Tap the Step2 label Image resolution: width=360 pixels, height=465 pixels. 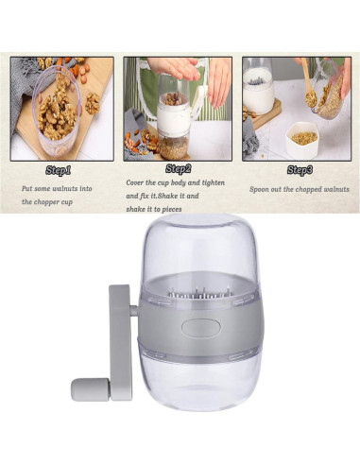[178, 169]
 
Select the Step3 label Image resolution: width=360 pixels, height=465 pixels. [300, 170]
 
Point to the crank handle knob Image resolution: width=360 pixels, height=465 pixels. [91, 388]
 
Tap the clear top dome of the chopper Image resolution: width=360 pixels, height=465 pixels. [197, 255]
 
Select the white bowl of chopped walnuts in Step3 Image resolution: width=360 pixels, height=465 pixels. [302, 136]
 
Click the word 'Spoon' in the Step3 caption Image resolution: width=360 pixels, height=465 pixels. [260, 189]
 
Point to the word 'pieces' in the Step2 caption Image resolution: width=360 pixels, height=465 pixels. [194, 210]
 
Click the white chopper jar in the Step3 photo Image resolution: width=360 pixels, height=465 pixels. [257, 90]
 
